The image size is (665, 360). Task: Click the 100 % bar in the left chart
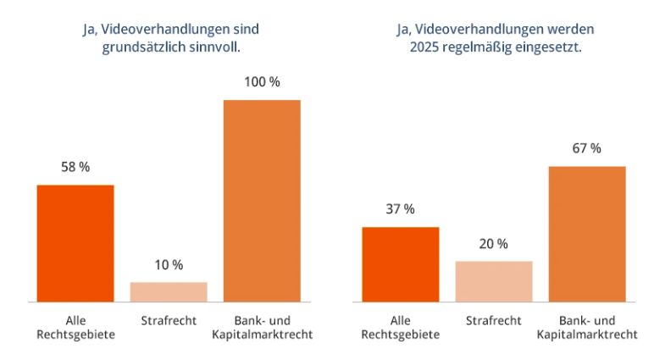click(262, 201)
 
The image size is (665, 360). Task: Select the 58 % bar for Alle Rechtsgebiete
click(75, 243)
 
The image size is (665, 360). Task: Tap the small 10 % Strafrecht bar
click(169, 291)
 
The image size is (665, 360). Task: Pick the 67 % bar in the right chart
click(587, 234)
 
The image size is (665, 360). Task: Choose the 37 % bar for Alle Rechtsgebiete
click(401, 264)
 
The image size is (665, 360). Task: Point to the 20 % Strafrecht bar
click(494, 281)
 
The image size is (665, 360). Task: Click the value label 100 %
click(262, 83)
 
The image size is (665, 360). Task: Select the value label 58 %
click(75, 168)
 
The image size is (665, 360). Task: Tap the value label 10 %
click(169, 265)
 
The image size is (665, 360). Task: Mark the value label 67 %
click(587, 149)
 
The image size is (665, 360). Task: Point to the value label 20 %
click(494, 244)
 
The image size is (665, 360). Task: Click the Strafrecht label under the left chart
click(169, 321)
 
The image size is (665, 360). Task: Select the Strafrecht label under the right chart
click(494, 321)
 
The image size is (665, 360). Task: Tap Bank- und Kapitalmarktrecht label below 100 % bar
click(262, 328)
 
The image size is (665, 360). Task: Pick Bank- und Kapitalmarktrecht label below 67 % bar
click(587, 328)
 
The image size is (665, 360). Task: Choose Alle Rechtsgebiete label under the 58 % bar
click(75, 328)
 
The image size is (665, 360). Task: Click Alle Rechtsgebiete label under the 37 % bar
click(401, 328)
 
